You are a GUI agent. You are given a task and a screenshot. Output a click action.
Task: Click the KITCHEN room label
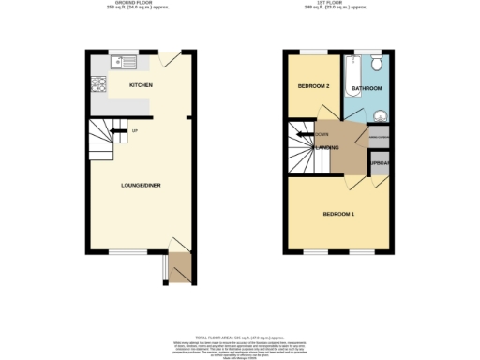tap(141, 86)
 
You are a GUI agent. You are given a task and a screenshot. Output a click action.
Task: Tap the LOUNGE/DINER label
tap(141, 186)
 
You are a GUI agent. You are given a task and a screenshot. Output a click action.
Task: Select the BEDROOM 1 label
tap(338, 215)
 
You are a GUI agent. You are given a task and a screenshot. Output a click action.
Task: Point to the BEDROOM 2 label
tap(313, 86)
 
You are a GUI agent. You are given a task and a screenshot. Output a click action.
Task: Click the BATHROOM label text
tap(367, 89)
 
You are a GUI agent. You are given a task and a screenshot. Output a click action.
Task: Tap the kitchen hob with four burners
tap(97, 86)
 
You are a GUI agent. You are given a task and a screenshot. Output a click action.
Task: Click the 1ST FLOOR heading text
tap(337, 5)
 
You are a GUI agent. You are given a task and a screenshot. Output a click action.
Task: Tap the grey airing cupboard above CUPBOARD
tap(379, 139)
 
